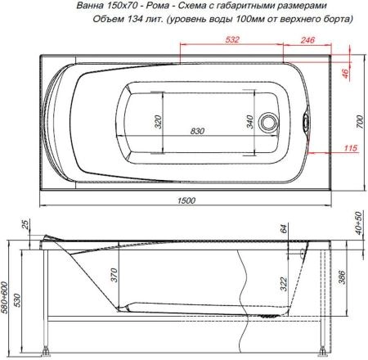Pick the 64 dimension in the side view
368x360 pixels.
click(283, 232)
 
